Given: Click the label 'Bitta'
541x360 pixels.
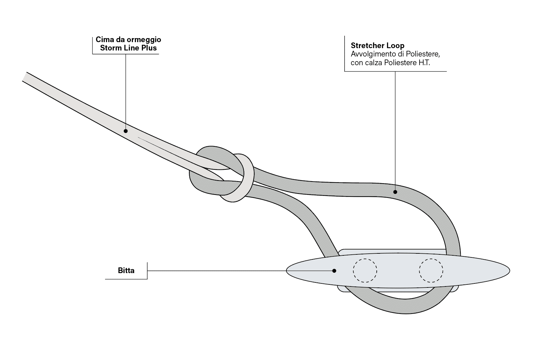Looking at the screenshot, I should (x=126, y=270).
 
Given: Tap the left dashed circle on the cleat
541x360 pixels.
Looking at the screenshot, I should (x=365, y=270).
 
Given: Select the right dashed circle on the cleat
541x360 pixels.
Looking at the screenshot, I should (x=431, y=270).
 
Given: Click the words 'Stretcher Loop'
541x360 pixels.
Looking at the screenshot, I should (x=377, y=45).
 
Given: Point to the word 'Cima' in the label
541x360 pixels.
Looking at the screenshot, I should (x=103, y=39).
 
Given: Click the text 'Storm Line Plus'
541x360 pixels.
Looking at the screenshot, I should (x=128, y=48).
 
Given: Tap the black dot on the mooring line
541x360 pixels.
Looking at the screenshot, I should (x=126, y=131).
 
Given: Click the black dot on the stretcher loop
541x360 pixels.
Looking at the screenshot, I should (x=395, y=192).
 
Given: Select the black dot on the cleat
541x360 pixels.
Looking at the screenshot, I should (x=334, y=270).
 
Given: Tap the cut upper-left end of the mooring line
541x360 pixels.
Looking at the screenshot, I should (x=25, y=77).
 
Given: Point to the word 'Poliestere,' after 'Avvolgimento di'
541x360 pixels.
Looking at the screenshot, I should (x=421, y=54).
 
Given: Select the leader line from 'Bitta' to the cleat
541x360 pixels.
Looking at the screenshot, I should (x=217, y=270).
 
